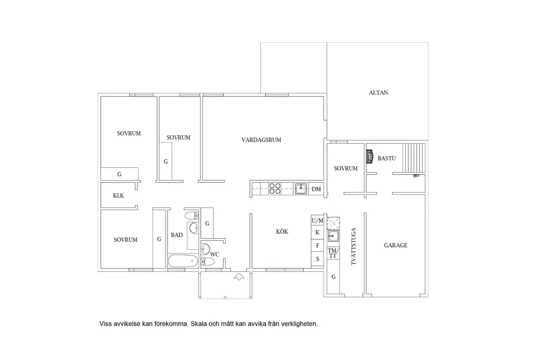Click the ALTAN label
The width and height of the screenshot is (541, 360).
(x=378, y=92)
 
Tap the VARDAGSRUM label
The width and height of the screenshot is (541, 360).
(x=261, y=140)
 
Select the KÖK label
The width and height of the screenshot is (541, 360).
(x=282, y=231)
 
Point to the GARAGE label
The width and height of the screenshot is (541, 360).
(x=395, y=245)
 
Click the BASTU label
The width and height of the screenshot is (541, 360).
(x=386, y=158)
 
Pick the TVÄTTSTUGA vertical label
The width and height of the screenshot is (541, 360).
(x=353, y=246)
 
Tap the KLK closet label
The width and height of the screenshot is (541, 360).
(x=118, y=195)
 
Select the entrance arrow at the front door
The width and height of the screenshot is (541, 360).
(x=239, y=276)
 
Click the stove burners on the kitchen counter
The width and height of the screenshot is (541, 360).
(x=275, y=188)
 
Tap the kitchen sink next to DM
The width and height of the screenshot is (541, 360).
(x=301, y=188)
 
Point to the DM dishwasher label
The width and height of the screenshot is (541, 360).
(x=316, y=189)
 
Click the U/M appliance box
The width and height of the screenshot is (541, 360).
(x=318, y=220)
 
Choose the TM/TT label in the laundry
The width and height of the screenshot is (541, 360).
(x=333, y=253)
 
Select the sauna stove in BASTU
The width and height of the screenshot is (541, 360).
(x=370, y=156)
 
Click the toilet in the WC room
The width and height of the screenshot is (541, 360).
(x=208, y=262)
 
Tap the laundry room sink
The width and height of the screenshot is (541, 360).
(x=333, y=236)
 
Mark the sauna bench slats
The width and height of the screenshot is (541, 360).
(x=414, y=158)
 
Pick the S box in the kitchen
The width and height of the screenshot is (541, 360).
(x=318, y=259)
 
